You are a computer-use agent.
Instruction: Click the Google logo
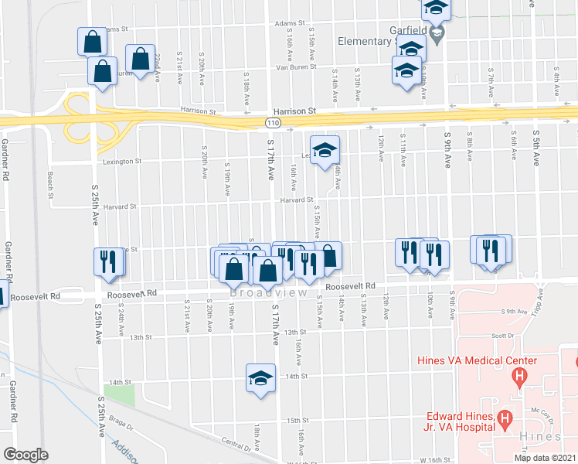[x=26, y=455]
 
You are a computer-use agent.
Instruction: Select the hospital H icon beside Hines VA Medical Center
[x=519, y=377]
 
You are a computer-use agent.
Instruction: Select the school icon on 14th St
[x=261, y=377]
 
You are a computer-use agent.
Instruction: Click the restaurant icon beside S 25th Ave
[x=107, y=261]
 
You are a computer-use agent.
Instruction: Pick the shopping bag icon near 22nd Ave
[x=140, y=58]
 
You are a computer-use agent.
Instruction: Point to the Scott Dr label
[x=502, y=336]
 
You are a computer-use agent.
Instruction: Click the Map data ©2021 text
[x=544, y=458]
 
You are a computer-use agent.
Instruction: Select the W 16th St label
[x=301, y=462]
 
